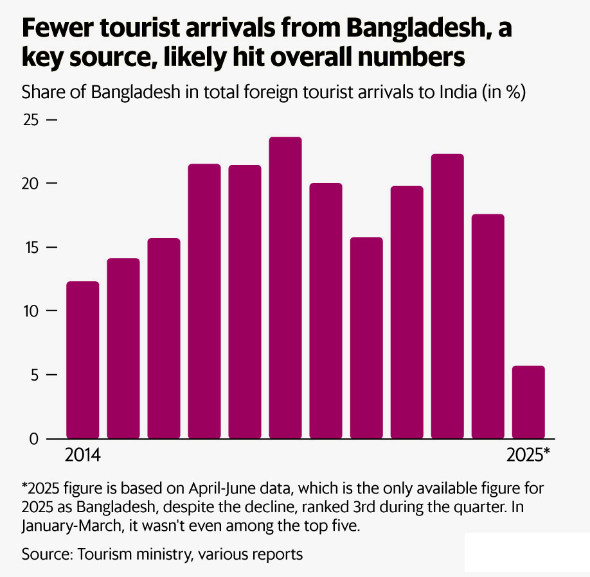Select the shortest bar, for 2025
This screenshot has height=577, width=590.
pyautogui.click(x=528, y=402)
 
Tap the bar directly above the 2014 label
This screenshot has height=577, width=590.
pyautogui.click(x=83, y=359)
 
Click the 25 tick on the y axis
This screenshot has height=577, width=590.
pyautogui.click(x=31, y=121)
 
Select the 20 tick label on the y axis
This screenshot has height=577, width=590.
pyautogui.click(x=31, y=184)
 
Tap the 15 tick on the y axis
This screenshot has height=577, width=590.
pyautogui.click(x=31, y=248)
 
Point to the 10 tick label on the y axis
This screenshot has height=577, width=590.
pyautogui.click(x=31, y=311)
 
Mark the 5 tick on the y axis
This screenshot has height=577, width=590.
pyautogui.click(x=36, y=375)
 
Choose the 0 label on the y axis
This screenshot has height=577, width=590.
pyautogui.click(x=36, y=439)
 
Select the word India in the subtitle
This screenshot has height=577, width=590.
pyautogui.click(x=459, y=92)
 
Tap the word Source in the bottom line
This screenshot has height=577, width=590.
pyautogui.click(x=46, y=553)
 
